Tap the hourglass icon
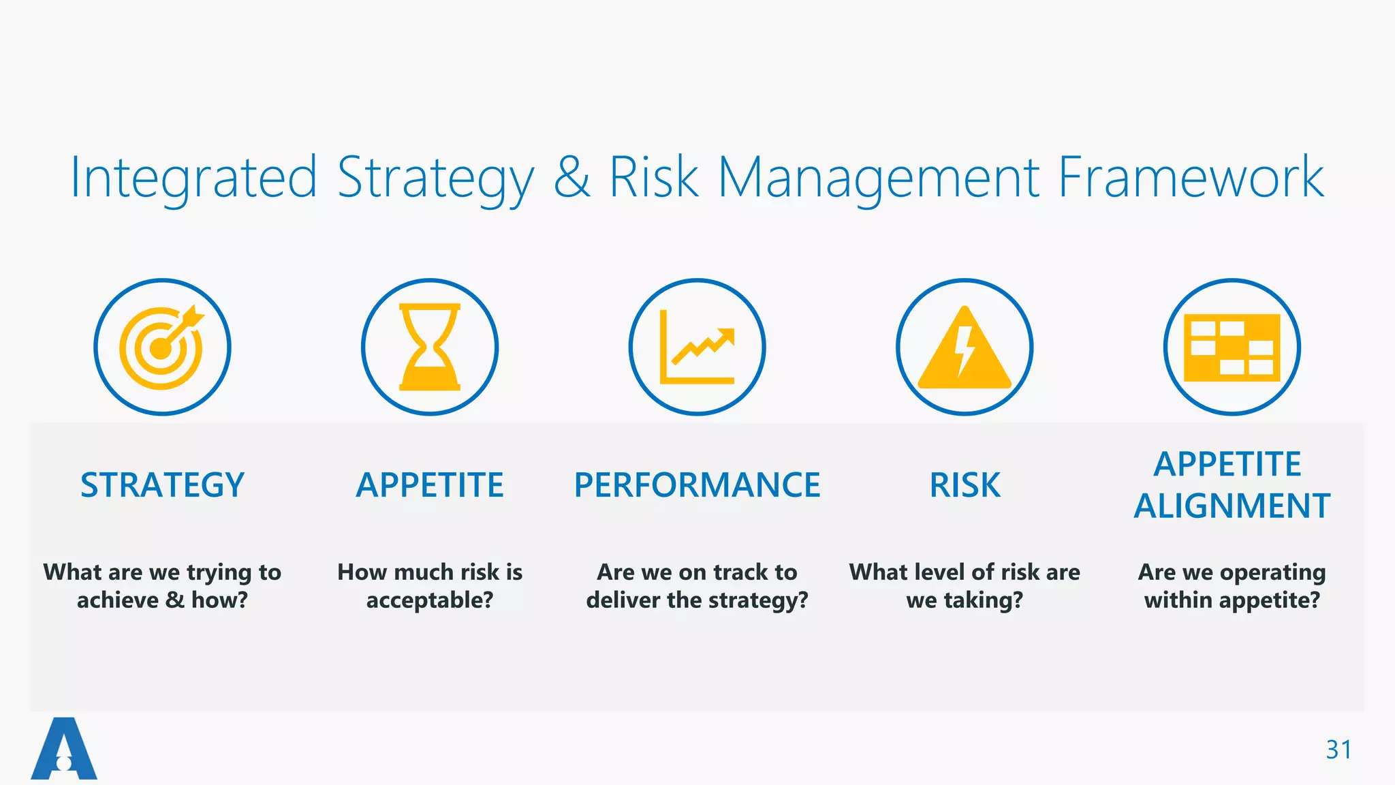(430, 347)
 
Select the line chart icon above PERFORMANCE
(697, 347)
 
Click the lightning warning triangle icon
(965, 348)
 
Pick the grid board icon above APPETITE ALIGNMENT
(1232, 347)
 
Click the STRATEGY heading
(162, 485)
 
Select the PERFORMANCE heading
(697, 485)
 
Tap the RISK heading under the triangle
(965, 485)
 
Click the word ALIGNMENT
(1232, 506)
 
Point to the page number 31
(1338, 750)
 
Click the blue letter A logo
(64, 749)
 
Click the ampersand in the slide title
(571, 177)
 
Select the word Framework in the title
(1191, 177)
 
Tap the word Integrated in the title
(194, 177)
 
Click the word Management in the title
(879, 177)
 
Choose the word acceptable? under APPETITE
(430, 600)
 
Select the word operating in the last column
(1272, 572)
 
